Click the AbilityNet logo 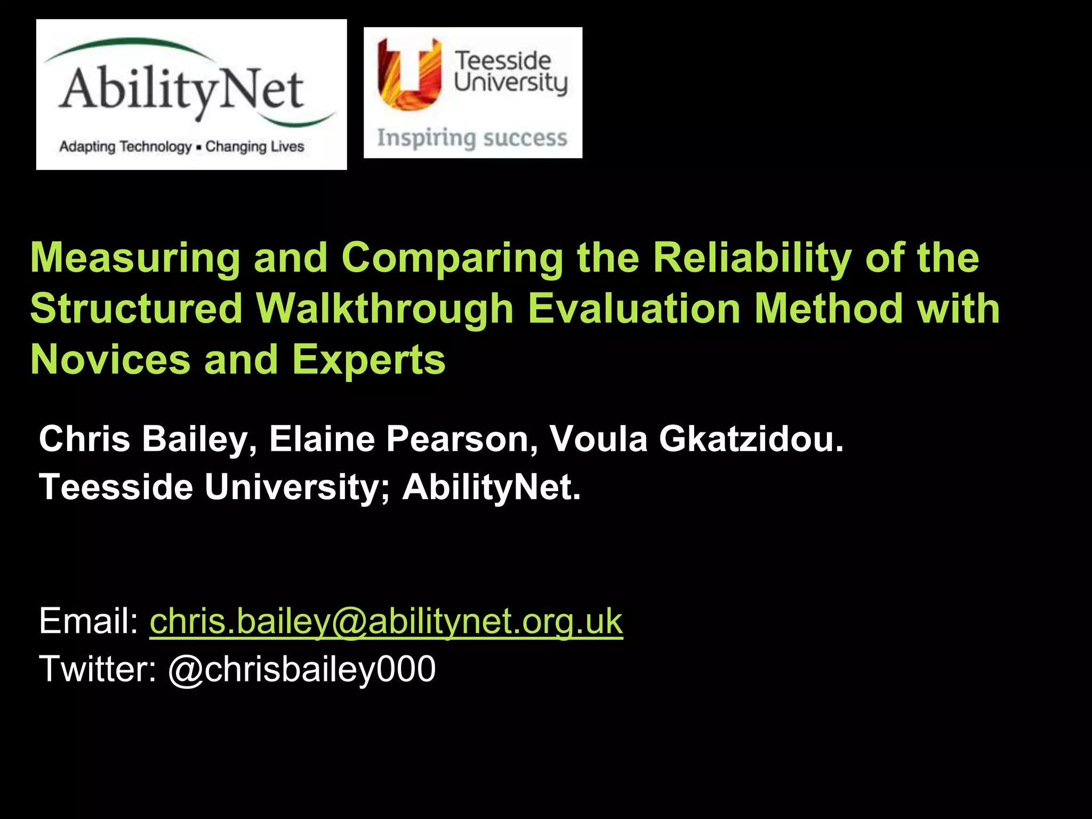191,94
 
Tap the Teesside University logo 473,92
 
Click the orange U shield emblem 409,74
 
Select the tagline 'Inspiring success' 472,138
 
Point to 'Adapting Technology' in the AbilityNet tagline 125,147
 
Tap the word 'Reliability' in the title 752,258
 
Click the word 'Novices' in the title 110,359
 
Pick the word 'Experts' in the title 368,360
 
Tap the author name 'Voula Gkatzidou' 697,439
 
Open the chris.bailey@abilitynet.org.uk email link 386,621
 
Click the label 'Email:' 89,621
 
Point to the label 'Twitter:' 98,669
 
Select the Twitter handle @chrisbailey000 302,670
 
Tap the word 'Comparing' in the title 452,258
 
